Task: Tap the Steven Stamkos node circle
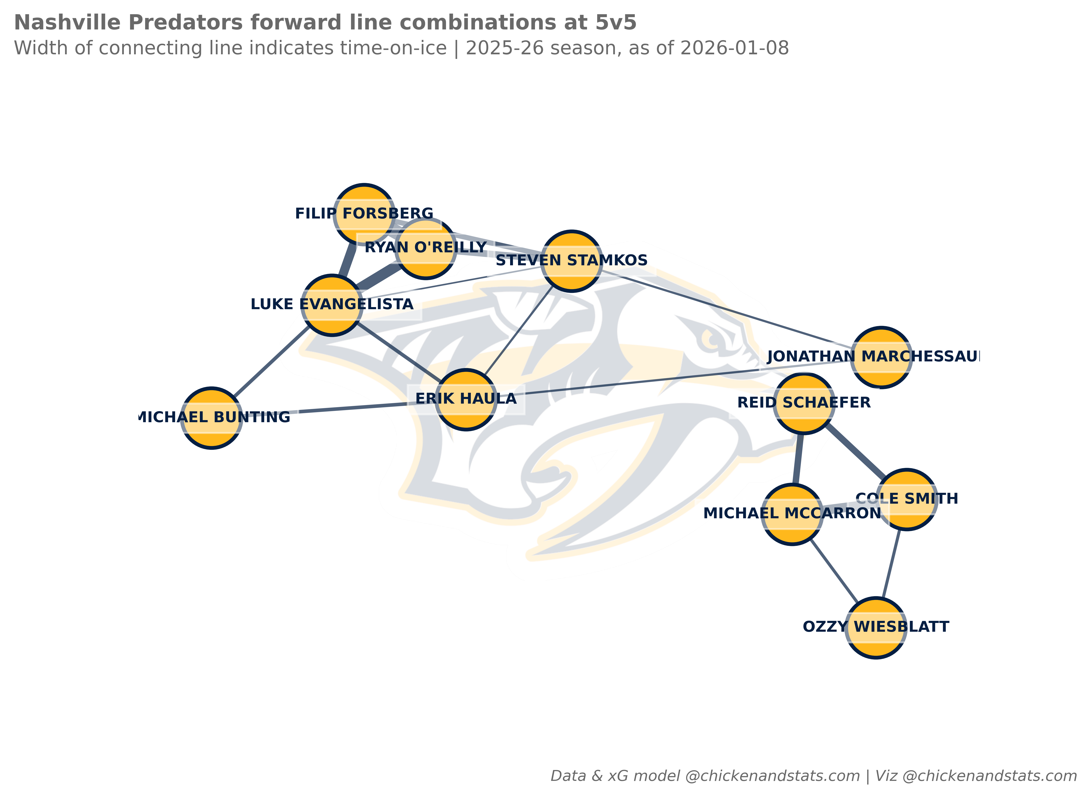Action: (x=571, y=261)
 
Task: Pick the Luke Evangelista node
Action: (x=332, y=305)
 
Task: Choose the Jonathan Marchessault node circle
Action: (x=881, y=357)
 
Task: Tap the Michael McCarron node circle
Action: (x=792, y=515)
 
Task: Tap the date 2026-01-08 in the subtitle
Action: (x=734, y=48)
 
